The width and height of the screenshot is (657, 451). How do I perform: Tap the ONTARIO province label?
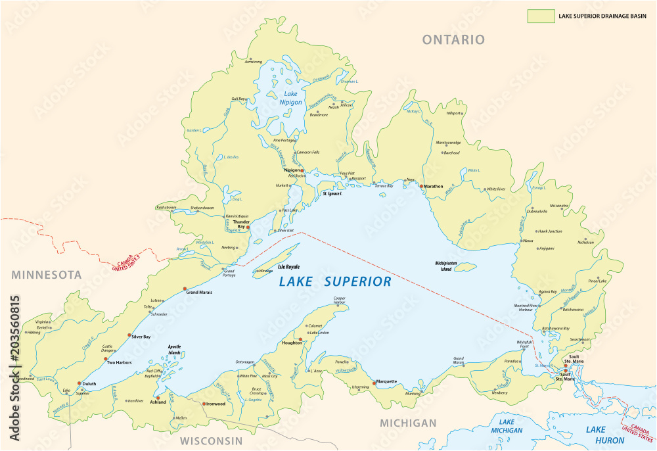[453, 40]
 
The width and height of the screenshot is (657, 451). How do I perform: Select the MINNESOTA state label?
[41, 274]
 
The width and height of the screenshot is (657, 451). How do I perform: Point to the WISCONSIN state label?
[212, 440]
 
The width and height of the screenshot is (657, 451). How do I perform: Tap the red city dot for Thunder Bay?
[248, 227]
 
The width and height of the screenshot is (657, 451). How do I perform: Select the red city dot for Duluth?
[79, 383]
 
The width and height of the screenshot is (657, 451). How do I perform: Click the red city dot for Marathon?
[422, 186]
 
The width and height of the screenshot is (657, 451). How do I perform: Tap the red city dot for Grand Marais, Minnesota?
[185, 289]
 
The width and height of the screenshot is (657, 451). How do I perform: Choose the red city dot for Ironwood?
[204, 404]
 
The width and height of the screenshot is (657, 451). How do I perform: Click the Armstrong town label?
[253, 62]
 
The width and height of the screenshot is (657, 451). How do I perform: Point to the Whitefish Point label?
[524, 344]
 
